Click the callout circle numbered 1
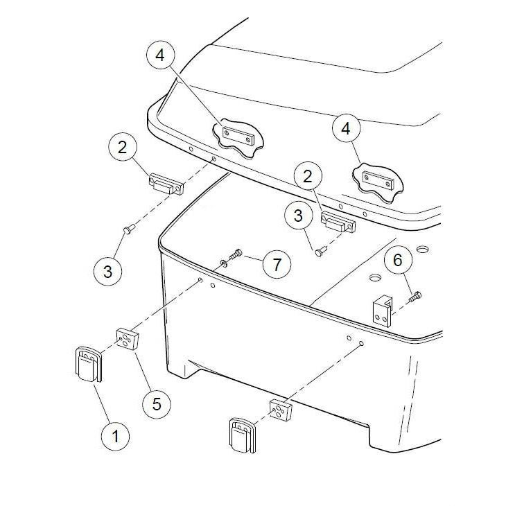tap(115, 437)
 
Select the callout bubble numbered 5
tap(157, 403)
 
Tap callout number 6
tap(398, 260)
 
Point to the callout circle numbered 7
tap(277, 265)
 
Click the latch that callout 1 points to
tap(89, 364)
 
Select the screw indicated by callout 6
tap(415, 296)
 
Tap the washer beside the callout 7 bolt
tap(223, 263)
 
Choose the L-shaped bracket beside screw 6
tap(383, 311)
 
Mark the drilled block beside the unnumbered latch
tap(281, 410)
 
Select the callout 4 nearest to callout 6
tap(347, 129)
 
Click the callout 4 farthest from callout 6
tap(160, 55)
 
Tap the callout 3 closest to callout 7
tap(298, 215)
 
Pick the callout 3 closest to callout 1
tap(107, 271)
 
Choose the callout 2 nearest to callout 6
tap(308, 176)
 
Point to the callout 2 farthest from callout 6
tap(123, 147)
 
